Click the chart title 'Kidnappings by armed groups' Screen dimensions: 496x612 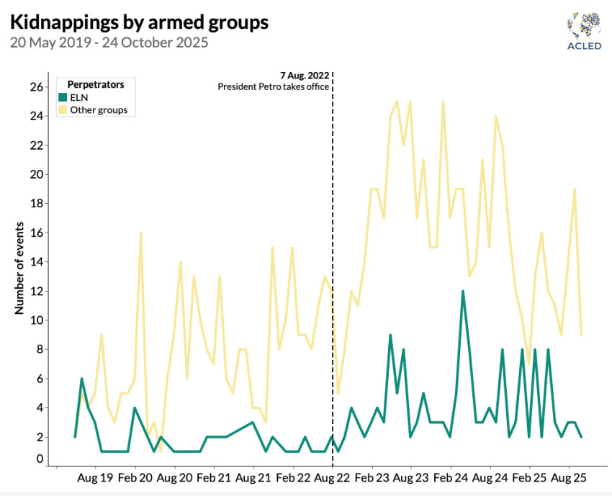[139, 22]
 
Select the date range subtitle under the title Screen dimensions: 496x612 [109, 42]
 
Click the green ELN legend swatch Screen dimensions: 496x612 [63, 97]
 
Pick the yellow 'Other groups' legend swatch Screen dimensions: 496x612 [63, 110]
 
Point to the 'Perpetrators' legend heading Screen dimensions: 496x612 [95, 84]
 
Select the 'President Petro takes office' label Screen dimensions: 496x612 [274, 86]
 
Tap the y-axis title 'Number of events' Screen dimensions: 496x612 [19, 269]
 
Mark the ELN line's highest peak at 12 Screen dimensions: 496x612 [463, 291]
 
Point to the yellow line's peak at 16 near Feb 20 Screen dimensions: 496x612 [140, 233]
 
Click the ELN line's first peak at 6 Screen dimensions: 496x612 [82, 379]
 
